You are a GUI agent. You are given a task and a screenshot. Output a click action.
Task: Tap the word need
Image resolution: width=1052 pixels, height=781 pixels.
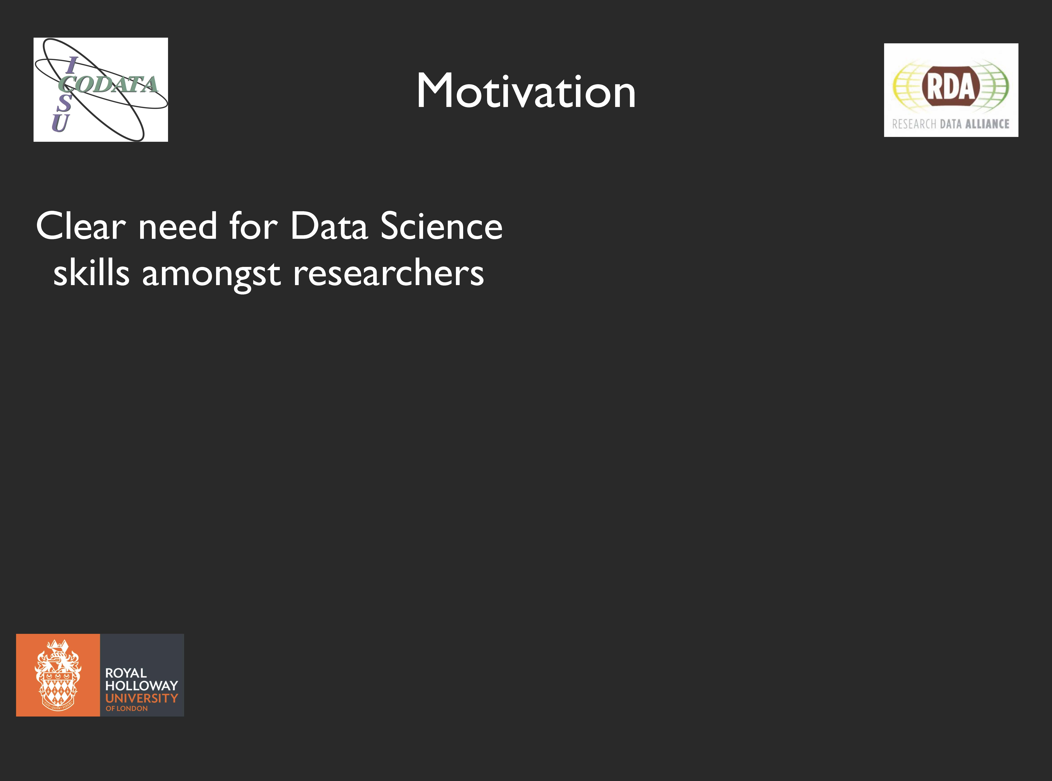(177, 226)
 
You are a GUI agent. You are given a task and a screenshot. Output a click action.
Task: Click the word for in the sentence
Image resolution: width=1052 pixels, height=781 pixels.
(253, 226)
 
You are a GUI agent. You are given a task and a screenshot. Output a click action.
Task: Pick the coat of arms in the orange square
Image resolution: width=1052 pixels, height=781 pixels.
(58, 675)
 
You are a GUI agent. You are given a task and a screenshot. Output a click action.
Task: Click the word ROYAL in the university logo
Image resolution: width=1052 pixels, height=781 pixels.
(126, 673)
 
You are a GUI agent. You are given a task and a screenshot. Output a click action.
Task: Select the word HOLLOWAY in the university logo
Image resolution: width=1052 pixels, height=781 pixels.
(141, 686)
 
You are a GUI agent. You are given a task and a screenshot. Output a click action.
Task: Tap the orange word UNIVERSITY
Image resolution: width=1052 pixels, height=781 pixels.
(141, 698)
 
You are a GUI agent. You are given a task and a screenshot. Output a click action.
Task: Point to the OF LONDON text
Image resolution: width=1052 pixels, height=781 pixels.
(127, 708)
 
